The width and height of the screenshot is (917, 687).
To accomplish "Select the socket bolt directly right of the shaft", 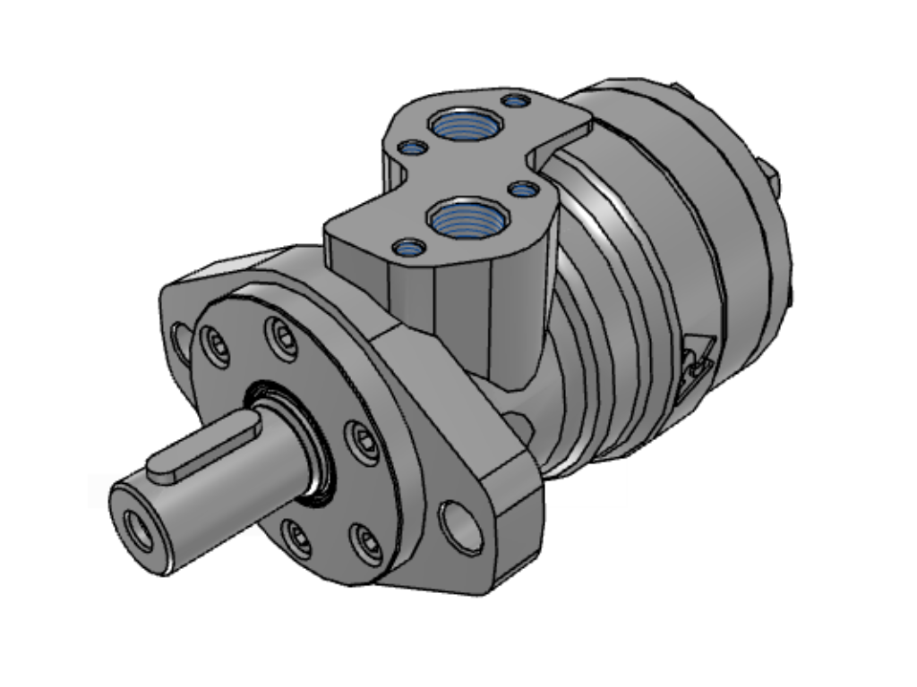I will [x=362, y=440].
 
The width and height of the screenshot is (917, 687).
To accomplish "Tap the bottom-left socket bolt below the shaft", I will [x=296, y=537].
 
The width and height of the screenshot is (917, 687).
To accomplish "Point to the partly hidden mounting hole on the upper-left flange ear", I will [x=182, y=343].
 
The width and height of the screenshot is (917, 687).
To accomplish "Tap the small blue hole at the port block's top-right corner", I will [x=515, y=100].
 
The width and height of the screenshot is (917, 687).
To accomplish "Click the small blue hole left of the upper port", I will [x=413, y=148].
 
